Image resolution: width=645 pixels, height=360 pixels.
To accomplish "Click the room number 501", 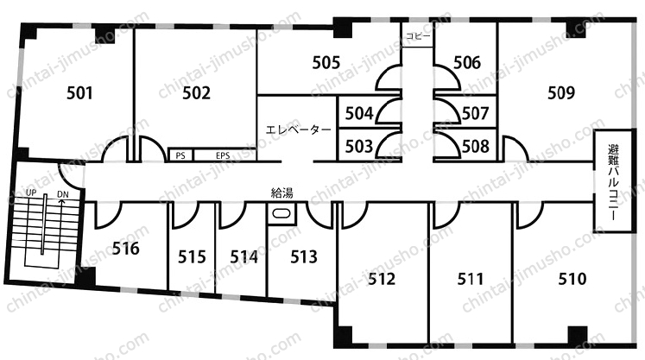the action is [79, 93].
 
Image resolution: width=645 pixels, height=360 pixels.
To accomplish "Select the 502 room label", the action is [196, 93].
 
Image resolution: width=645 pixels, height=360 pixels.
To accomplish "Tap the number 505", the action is [326, 62].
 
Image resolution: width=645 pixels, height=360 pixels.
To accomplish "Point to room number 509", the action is [561, 93].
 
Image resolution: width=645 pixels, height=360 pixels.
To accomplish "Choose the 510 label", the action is [572, 279].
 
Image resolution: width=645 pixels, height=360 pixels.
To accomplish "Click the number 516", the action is [126, 249].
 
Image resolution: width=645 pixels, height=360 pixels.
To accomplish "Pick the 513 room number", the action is [304, 257].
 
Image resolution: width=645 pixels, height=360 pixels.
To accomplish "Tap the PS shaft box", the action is [180, 155].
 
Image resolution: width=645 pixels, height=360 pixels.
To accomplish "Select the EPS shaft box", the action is [224, 155].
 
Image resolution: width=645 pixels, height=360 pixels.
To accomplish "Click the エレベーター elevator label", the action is [299, 130].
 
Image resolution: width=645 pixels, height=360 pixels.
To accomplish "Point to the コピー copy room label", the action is [418, 36].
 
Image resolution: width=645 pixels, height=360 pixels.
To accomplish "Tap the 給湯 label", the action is [282, 193].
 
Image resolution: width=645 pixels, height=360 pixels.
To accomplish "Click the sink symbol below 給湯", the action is [281, 213].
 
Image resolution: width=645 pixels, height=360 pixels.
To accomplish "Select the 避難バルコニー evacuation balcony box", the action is [613, 181].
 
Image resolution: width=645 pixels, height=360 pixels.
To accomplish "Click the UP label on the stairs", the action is [31, 193].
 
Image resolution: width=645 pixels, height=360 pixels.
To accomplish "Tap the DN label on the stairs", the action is [63, 194].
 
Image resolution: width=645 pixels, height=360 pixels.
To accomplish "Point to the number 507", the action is [476, 114].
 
